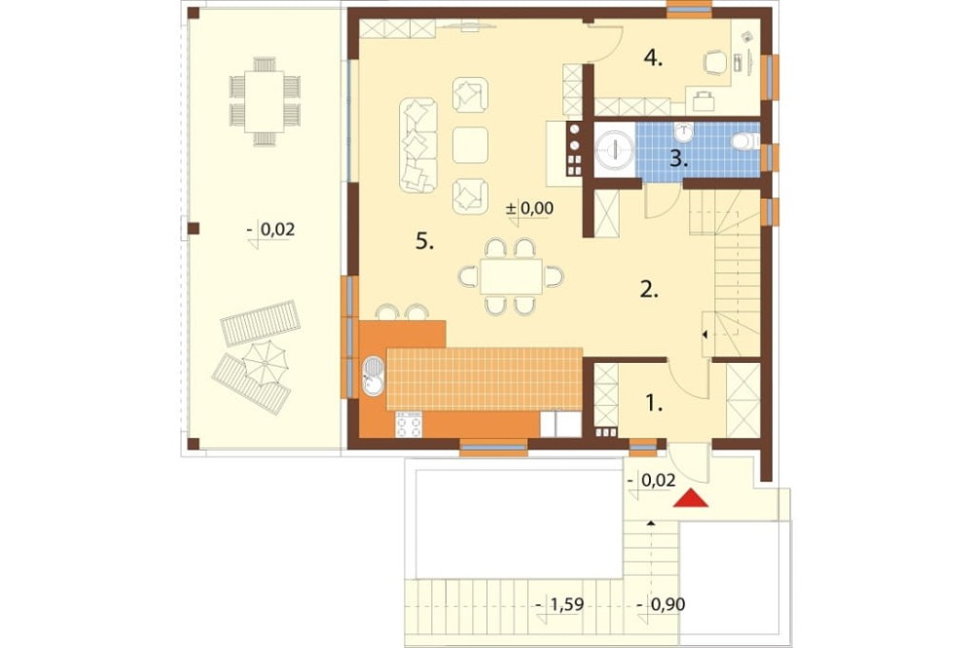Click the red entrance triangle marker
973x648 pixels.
(691, 498)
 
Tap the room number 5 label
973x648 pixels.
(424, 242)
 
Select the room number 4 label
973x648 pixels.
(653, 58)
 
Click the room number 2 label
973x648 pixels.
(649, 289)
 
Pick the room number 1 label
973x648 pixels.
(654, 404)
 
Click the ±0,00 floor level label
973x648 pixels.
(529, 208)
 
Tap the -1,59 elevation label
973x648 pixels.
(559, 604)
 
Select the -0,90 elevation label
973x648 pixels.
(661, 604)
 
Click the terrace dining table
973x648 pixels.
(265, 102)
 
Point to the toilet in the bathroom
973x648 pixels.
(744, 141)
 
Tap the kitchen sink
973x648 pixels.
(373, 376)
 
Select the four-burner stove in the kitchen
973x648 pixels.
(409, 424)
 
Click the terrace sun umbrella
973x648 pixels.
(265, 363)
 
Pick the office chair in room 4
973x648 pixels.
(715, 62)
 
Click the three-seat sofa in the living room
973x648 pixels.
(417, 145)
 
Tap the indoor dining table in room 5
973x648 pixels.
(512, 276)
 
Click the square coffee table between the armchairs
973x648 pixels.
(470, 145)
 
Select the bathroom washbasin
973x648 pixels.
(683, 131)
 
